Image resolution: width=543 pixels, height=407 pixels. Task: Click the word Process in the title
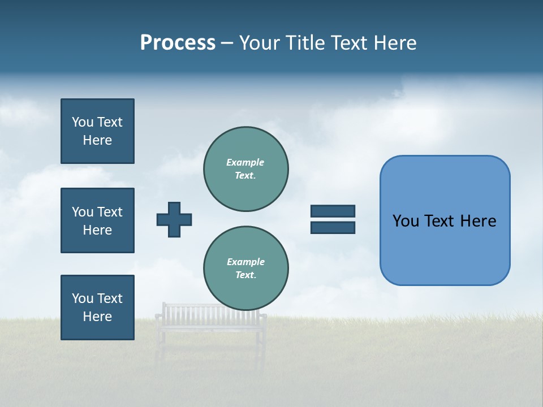click(x=178, y=43)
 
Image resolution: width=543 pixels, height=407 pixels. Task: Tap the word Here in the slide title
click(x=394, y=43)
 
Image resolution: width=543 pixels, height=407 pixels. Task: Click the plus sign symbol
click(x=174, y=219)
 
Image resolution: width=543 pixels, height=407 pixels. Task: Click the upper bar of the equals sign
click(x=333, y=211)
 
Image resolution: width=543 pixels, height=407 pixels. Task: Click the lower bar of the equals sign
click(x=333, y=227)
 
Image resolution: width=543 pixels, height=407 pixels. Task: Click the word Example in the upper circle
click(x=245, y=162)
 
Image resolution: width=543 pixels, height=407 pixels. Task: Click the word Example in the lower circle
click(x=245, y=262)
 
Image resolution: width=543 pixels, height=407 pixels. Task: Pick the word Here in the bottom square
click(x=97, y=317)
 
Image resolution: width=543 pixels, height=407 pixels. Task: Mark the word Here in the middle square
click(x=97, y=230)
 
